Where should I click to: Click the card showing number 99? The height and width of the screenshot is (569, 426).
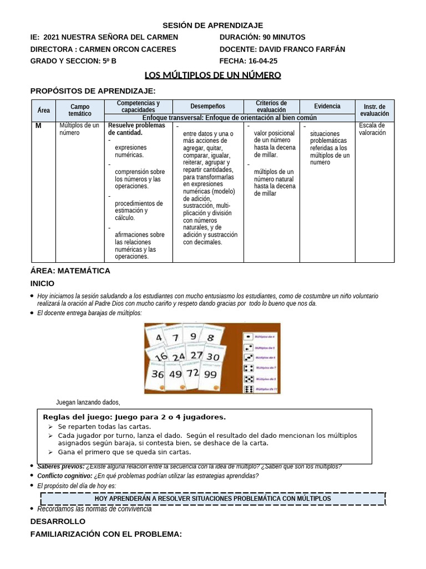tap(210, 375)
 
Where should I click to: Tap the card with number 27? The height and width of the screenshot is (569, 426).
tap(196, 356)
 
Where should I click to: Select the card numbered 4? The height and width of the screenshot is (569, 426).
tap(159, 338)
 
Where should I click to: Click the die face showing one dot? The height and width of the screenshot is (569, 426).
tap(248, 336)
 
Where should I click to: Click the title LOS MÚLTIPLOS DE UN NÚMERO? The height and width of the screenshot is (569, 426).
tap(213, 75)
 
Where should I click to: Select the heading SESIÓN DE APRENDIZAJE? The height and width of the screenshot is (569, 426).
tap(212, 25)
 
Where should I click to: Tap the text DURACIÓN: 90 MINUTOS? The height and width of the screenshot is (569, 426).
tap(262, 37)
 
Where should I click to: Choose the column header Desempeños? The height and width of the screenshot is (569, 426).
tap(208, 106)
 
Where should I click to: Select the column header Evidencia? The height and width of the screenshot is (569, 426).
tap(327, 106)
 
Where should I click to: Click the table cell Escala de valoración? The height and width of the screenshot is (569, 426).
tap(372, 129)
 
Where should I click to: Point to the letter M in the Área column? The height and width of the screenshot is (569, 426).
tap(38, 126)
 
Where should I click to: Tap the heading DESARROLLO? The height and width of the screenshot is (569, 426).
tap(58, 521)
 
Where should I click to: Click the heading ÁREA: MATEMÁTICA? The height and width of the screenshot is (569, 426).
tap(70, 271)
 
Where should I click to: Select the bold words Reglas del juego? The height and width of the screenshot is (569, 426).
tap(75, 417)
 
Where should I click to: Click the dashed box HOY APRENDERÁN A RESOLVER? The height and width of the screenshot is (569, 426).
tap(212, 498)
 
